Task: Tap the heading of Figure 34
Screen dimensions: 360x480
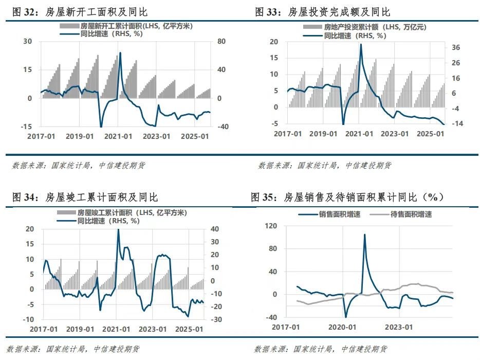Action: pos(85,197)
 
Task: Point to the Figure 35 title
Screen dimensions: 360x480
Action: pos(347,197)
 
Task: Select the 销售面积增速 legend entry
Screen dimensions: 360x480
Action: pos(339,214)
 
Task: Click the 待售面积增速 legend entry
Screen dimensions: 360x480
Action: pos(411,214)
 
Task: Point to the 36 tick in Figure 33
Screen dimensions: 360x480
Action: pos(456,48)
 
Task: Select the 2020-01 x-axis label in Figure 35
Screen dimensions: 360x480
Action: pos(343,327)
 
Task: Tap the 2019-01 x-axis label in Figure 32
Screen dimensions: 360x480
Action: pos(80,136)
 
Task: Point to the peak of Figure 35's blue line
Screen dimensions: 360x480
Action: pos(364,235)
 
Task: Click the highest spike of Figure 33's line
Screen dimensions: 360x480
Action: pos(361,44)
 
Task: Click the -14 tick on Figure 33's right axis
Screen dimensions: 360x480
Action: pos(456,124)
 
